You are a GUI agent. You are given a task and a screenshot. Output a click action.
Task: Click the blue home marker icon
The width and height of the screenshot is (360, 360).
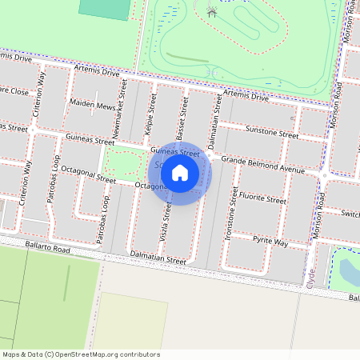(180, 172)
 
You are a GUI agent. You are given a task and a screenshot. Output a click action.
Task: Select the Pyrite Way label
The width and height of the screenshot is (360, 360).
(270, 241)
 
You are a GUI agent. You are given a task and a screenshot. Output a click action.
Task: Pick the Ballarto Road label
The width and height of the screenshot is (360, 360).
(47, 250)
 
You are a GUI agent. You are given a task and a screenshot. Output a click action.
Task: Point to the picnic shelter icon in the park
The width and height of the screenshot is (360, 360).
(211, 12)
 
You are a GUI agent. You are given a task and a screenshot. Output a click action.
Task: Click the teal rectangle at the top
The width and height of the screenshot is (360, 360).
(105, 9)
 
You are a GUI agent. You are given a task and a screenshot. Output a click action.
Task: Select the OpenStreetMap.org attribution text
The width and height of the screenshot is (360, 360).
(81, 354)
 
